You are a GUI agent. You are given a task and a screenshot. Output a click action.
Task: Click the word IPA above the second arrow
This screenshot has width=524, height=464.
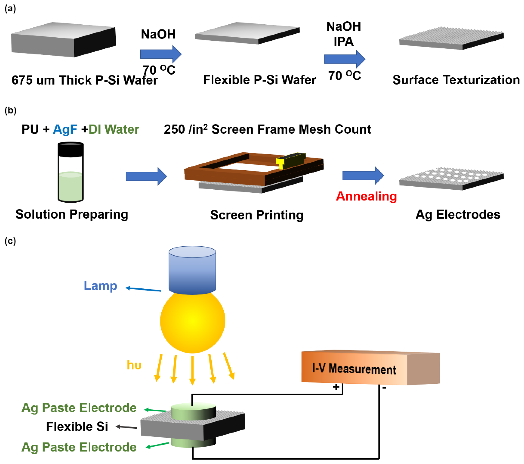[344, 42]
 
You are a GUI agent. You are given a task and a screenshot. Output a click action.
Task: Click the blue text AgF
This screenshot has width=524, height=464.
[65, 129]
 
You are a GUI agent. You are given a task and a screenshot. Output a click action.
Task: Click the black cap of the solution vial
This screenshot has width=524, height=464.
[70, 150]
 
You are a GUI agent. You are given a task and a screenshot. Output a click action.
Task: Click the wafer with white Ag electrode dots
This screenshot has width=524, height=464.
[451, 178]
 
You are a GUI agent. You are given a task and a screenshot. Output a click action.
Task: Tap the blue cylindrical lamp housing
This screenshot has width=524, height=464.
[192, 270]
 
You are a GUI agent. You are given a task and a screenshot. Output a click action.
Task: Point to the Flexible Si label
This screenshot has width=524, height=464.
[77, 427]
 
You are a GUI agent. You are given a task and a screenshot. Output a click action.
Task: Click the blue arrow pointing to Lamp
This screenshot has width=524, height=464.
[144, 289]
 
